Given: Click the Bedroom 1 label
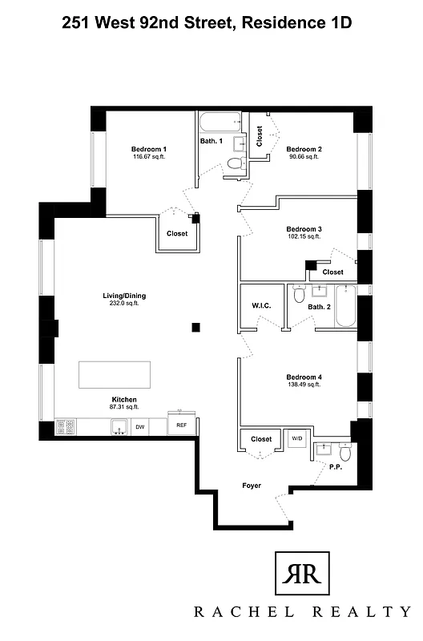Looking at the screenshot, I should coord(149,149).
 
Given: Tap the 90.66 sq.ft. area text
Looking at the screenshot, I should coord(304,157).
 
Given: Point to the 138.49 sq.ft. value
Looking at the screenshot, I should coord(304,385).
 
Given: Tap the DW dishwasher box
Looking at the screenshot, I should coord(140,427).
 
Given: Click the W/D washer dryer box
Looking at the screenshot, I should coord(297,439).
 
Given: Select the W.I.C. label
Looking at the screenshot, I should coord(260,304).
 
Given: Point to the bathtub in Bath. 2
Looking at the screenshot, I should coord(344,305).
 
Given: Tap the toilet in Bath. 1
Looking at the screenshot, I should coord(234,163).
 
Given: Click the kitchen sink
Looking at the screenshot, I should coord(120,426).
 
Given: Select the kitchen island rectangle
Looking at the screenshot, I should coord(114,374).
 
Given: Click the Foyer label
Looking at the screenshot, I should coord(253,486).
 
